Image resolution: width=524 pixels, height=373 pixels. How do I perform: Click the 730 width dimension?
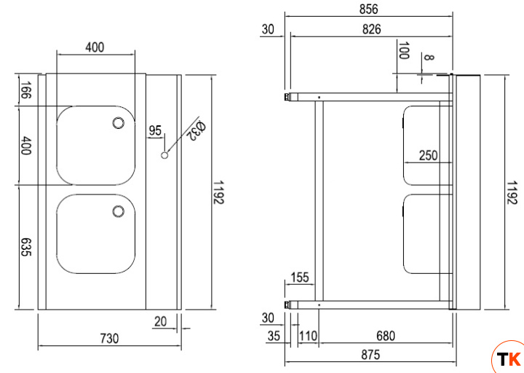(x=108, y=339)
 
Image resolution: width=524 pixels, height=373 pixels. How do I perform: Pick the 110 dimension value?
(x=309, y=336)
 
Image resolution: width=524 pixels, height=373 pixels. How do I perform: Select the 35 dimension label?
(x=274, y=336)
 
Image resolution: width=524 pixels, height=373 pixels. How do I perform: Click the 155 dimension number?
(x=300, y=278)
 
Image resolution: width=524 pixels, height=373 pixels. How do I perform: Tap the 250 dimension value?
(x=429, y=155)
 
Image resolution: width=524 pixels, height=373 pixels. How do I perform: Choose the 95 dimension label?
(x=155, y=131)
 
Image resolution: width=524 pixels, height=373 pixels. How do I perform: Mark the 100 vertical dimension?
(x=404, y=52)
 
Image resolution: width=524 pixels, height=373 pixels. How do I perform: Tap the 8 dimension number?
(x=429, y=58)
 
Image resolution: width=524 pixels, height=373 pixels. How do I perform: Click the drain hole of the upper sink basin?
(x=118, y=123)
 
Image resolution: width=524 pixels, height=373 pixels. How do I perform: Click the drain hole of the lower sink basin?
(x=118, y=211)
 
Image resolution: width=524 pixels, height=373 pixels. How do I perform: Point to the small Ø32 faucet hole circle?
(x=164, y=155)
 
